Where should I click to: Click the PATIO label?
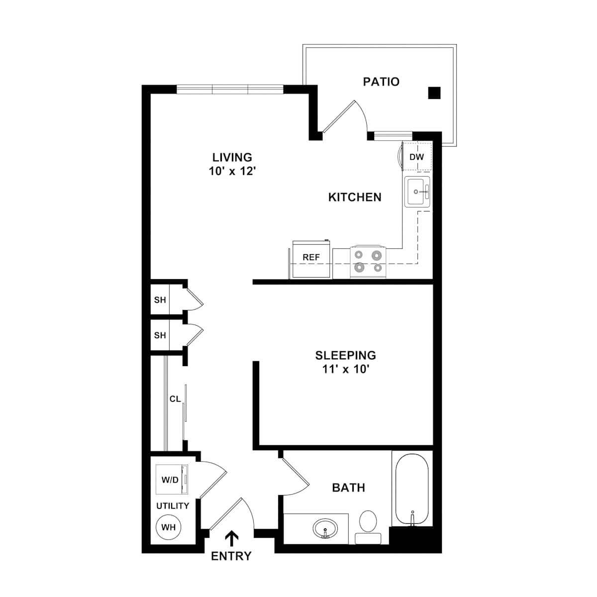tap(381, 82)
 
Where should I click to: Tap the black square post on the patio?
tap(434, 93)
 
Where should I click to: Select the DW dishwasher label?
tap(416, 157)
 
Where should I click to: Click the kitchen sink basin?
tap(415, 192)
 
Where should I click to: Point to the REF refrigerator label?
tap(311, 257)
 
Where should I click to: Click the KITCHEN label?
tap(355, 198)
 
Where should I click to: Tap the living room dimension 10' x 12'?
tap(232, 171)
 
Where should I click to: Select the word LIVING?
tap(232, 157)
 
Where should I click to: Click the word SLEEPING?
tap(345, 355)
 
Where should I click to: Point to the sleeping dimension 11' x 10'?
tap(346, 369)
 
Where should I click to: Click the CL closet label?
tap(175, 399)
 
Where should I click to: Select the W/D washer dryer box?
tap(172, 480)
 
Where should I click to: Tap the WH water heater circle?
tap(168, 527)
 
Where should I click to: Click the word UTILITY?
tap(173, 506)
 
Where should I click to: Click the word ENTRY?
tap(231, 556)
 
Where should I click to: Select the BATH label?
tap(349, 488)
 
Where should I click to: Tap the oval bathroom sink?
tap(325, 528)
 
